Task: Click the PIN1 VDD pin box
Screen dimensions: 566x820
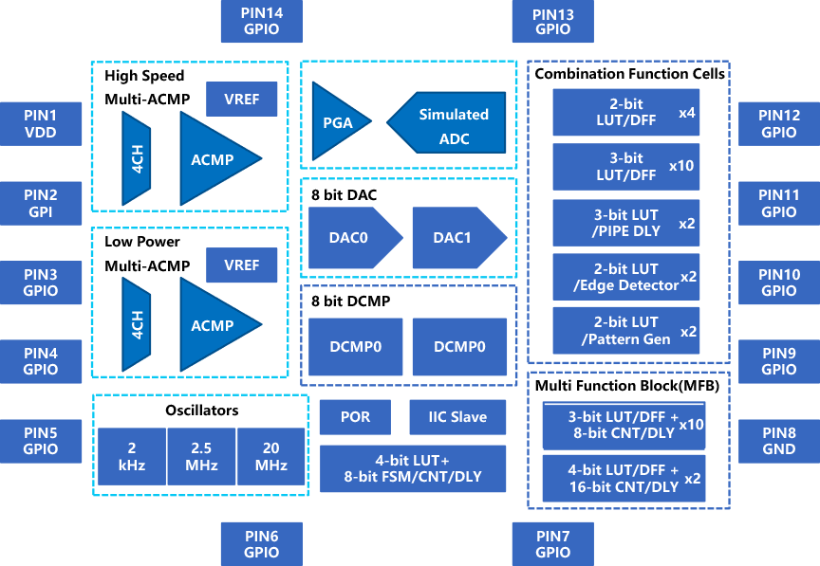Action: click(x=40, y=124)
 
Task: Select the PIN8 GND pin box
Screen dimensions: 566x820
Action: click(x=778, y=441)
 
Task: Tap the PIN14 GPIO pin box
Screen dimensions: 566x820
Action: click(x=261, y=21)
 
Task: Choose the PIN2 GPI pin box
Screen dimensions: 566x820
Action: click(x=40, y=204)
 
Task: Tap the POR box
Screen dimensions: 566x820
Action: click(x=355, y=417)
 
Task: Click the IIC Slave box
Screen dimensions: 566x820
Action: click(x=458, y=417)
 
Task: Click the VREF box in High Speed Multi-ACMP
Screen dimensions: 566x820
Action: click(x=242, y=100)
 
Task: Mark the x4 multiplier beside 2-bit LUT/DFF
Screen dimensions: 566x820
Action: click(x=688, y=113)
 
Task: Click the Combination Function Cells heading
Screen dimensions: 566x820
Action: click(x=629, y=74)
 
